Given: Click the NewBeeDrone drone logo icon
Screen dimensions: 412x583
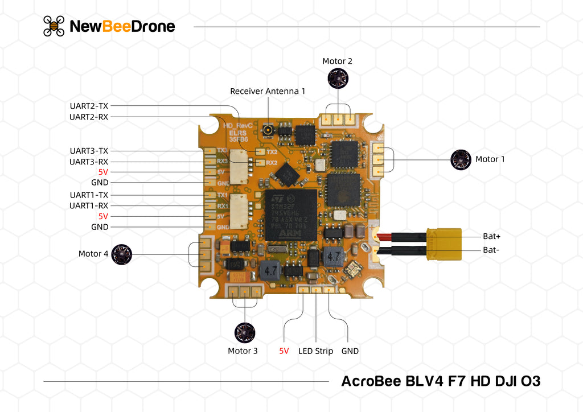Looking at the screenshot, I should pos(54,26).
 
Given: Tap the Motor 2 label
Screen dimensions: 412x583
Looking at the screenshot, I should pos(337,61).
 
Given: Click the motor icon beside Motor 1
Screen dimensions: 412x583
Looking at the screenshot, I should pos(461,160).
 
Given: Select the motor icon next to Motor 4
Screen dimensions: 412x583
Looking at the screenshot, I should pos(121,254).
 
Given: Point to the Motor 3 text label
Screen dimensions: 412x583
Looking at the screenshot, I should pos(243,351).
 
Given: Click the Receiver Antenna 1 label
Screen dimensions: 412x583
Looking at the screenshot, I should pos(268,91).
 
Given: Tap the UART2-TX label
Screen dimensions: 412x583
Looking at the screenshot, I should pos(89,106).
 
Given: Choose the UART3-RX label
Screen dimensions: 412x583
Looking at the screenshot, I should pos(89,162).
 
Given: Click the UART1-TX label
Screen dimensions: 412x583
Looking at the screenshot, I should pos(89,195).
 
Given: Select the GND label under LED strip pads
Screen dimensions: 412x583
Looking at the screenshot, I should pos(350,351).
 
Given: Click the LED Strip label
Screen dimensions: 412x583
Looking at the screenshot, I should pos(315,351).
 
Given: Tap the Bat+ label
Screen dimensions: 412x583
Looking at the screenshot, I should pos(491,236).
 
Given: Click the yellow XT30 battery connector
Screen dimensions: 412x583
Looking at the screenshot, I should pos(444,243).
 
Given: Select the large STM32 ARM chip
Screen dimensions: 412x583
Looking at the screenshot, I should pos(291,216).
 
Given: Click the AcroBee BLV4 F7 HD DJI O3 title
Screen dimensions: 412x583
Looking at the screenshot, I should pos(440,381).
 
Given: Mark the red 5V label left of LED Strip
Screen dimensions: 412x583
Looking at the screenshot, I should pos(284,351).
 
